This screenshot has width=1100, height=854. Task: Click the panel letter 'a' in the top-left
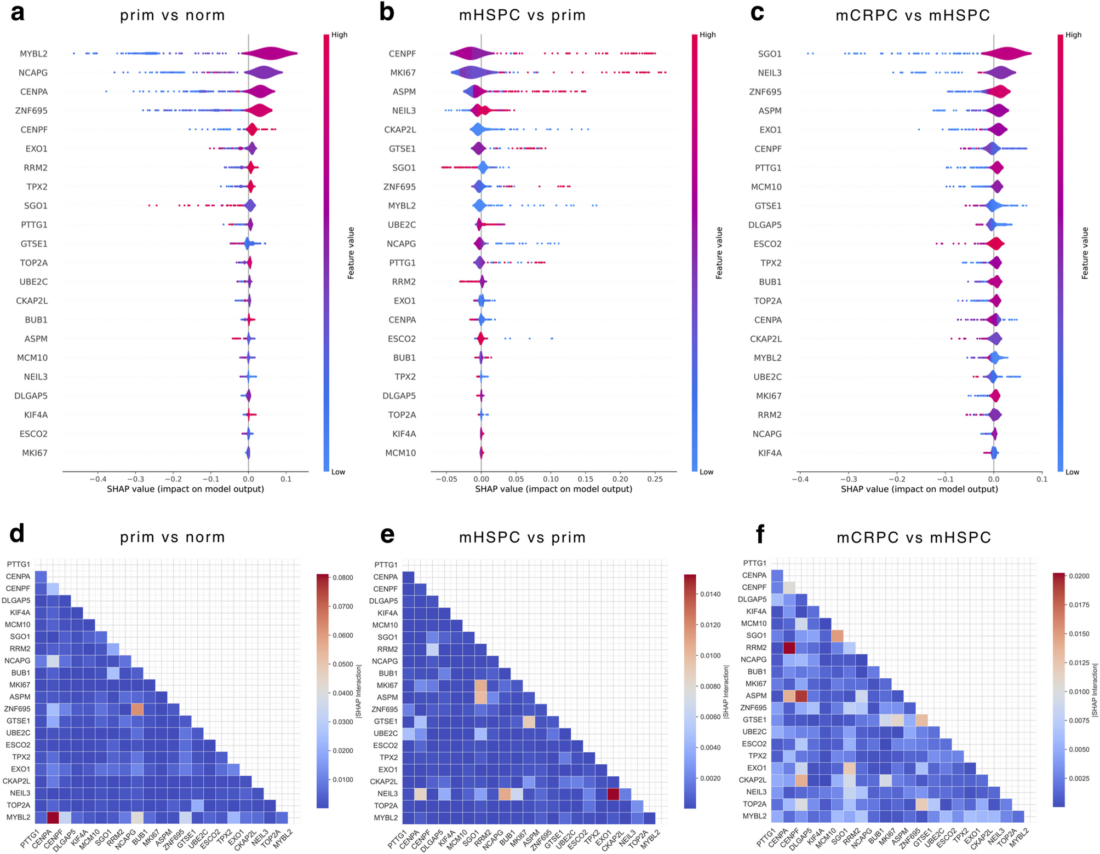coord(18,12)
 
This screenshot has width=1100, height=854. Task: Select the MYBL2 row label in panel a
coord(33,54)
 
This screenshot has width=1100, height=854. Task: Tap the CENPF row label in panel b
coord(402,54)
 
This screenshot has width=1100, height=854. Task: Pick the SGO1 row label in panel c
coord(769,54)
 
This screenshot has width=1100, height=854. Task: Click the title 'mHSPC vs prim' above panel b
coord(522,15)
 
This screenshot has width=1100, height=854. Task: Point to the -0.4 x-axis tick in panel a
coord(99,479)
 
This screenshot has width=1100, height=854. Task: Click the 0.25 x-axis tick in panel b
coord(655,479)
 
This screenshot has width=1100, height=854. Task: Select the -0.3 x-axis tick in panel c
coord(847,479)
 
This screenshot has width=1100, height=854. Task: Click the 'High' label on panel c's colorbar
coord(1073,35)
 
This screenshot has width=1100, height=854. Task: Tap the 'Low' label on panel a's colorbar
coord(338,472)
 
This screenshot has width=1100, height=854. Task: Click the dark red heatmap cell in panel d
coord(53,817)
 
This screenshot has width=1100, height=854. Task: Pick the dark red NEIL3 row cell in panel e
coord(614,793)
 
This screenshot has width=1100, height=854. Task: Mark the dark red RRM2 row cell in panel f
coord(789,648)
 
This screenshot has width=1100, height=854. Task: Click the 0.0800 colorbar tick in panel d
coord(342,578)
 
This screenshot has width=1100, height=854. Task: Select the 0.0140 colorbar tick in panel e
coord(710,594)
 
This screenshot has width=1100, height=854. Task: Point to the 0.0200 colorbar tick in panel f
coord(1078,576)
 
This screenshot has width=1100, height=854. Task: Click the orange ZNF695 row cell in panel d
coord(137,709)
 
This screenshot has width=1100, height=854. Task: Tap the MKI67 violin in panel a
coord(248,453)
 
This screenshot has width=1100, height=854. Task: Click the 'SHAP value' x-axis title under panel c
coord(919,489)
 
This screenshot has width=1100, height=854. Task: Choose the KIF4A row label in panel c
coord(769,453)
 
